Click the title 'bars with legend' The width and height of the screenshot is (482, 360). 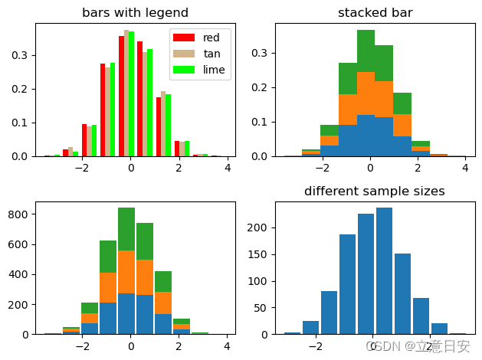135,13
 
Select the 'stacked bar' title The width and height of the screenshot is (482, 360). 375,13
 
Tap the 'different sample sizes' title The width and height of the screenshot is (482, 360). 375,191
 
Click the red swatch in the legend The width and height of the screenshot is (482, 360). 183,38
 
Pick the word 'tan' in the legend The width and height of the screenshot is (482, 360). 211,54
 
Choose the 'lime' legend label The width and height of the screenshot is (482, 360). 214,70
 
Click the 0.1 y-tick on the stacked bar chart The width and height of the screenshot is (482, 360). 261,123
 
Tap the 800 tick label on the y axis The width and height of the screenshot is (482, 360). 18,214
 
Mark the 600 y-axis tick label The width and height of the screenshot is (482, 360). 18,244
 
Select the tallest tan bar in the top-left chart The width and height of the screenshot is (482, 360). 126,92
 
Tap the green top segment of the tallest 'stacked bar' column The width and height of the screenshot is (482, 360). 366,51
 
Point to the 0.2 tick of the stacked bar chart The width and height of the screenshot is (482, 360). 261,88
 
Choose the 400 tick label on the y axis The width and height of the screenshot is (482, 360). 18,274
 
